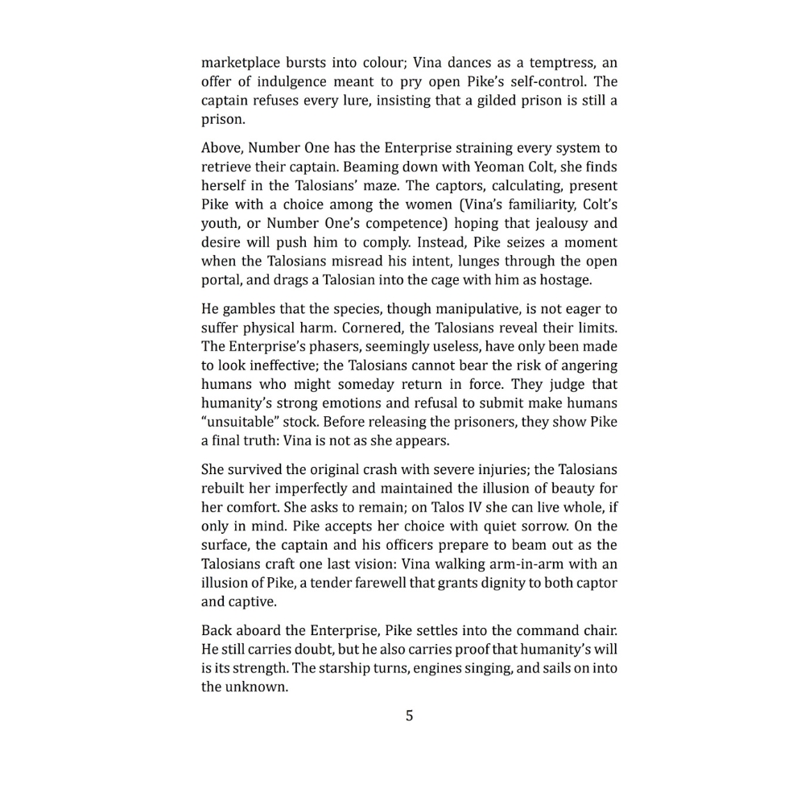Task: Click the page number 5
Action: (409, 716)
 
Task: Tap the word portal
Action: (221, 280)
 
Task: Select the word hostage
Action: (565, 280)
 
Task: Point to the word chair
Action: (599, 630)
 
